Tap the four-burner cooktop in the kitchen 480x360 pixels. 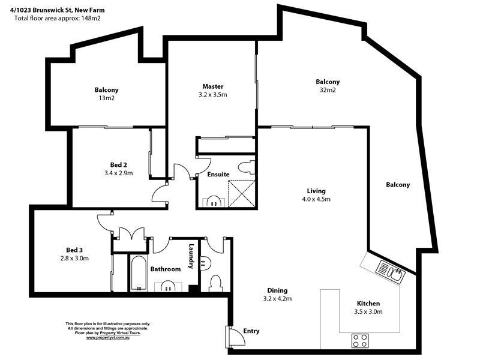[360, 341]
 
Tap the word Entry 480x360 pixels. [252, 331]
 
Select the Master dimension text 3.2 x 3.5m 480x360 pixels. [213, 95]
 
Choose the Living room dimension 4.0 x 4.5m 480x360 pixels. [316, 199]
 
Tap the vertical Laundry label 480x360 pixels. [191, 256]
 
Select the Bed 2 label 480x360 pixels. [118, 165]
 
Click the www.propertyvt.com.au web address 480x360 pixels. [108, 338]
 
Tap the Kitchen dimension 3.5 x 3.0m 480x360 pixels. [370, 311]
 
